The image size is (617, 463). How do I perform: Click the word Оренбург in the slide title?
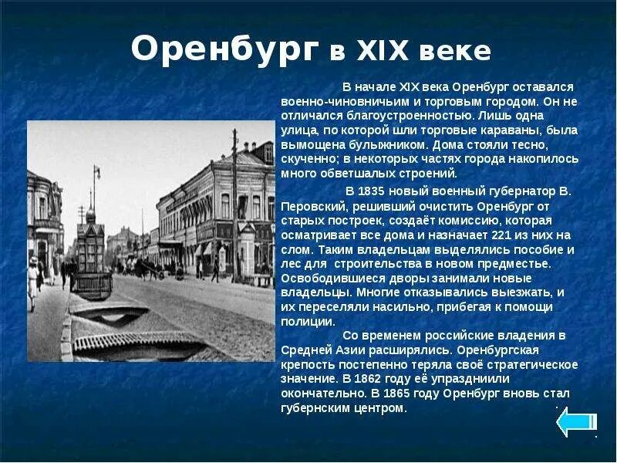[x=224, y=49]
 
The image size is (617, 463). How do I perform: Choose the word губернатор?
[x=502, y=191]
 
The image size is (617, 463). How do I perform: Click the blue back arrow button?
[x=576, y=422]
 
